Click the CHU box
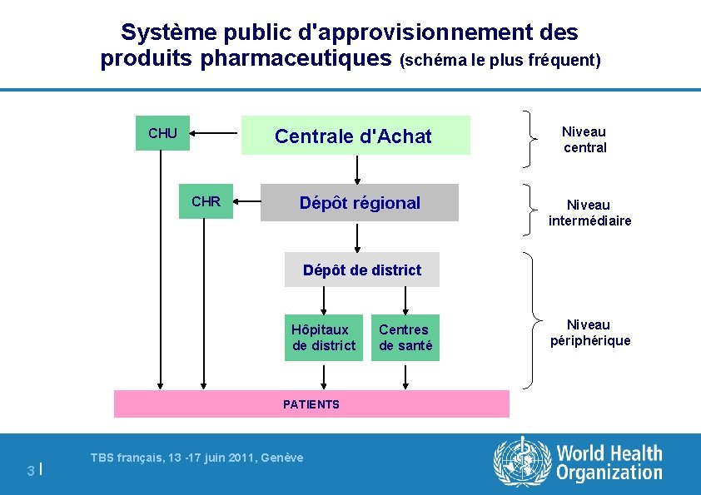coord(162,133)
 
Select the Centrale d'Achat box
coord(355,136)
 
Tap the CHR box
coord(206,201)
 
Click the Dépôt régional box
coord(360,203)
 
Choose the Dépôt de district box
coord(362,270)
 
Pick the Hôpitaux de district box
coord(324,338)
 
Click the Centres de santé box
coord(405,338)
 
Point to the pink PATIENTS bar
coord(311,404)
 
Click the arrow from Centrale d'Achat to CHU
coord(215,132)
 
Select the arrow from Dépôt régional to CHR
coord(246,201)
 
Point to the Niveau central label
coord(584,140)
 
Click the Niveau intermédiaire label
coord(589,213)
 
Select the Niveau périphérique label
coord(589,333)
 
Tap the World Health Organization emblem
coord(522,462)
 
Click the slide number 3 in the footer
coord(30,471)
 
